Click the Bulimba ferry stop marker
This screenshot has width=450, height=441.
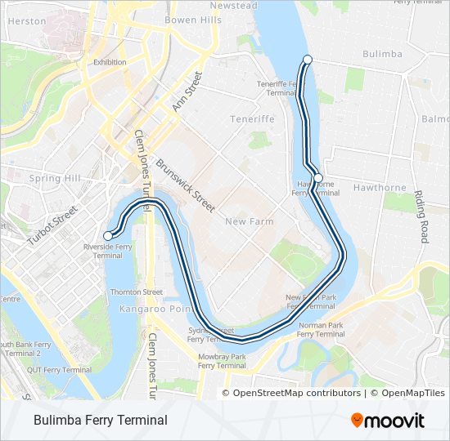pos(308,59)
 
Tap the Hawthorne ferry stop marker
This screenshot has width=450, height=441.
pos(318,178)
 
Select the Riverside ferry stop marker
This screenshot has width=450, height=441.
pos(107,236)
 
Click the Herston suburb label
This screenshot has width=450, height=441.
pos(27,21)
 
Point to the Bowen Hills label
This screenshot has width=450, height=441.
pos(192,20)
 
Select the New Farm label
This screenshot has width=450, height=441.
pos(249,221)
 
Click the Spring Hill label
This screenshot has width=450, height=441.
pos(52,178)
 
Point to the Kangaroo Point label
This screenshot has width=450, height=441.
pos(155,310)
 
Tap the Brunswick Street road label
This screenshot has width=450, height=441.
pos(185,185)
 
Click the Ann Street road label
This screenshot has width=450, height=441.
pos(186,91)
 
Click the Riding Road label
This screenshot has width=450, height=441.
pos(421,217)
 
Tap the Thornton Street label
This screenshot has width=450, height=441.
pos(137,292)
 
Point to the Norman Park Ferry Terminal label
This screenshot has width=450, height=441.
pos(321,329)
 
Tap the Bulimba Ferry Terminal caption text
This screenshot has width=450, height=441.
pos(101,421)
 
